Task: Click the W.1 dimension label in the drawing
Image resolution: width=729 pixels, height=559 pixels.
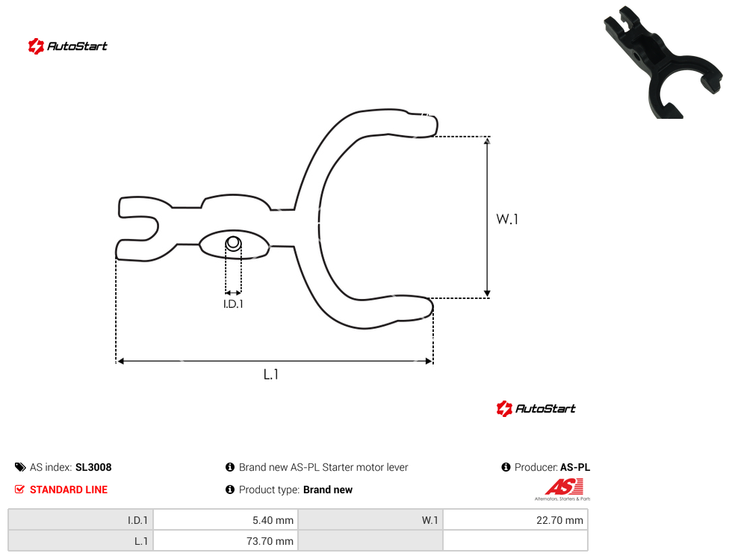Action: coord(506,219)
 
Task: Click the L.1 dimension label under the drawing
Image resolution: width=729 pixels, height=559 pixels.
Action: coord(270,374)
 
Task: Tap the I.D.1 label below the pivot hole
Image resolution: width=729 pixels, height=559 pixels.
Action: coord(233,304)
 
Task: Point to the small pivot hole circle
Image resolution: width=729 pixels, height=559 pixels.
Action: coord(233,243)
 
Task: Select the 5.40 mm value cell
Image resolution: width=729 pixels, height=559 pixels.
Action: coord(226,520)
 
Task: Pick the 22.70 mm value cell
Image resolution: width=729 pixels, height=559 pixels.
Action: coord(515,520)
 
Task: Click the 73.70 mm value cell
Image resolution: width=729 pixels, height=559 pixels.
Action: coord(226,541)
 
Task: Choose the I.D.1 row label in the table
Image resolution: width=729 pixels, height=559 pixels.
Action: coord(81,520)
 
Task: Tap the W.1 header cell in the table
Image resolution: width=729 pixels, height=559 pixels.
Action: coord(370,520)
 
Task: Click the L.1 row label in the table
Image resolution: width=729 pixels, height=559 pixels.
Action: coord(81,541)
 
